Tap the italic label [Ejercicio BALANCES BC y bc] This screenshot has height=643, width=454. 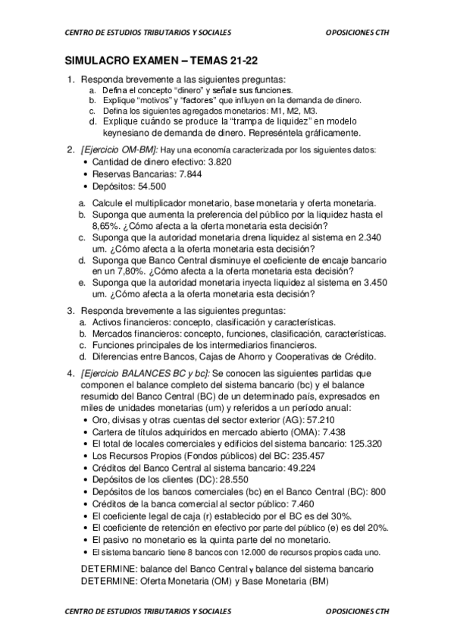click(146, 373)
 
